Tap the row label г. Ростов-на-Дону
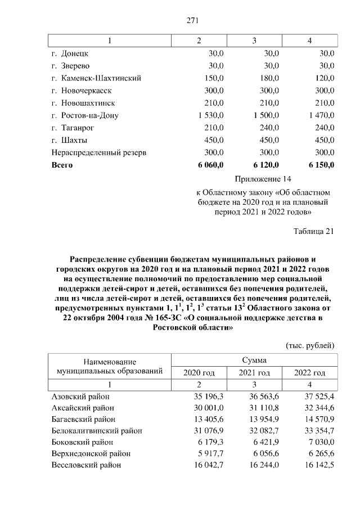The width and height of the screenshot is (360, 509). (85, 115)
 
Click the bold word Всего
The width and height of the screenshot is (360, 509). (62, 165)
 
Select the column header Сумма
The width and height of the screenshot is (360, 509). (254, 360)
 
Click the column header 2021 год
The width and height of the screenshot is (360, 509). (254, 372)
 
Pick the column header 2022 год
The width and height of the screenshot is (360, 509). (310, 372)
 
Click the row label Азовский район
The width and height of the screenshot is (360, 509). (80, 397)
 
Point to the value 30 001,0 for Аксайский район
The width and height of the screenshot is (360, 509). (208, 408)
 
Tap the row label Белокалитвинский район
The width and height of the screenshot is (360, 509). (96, 431)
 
